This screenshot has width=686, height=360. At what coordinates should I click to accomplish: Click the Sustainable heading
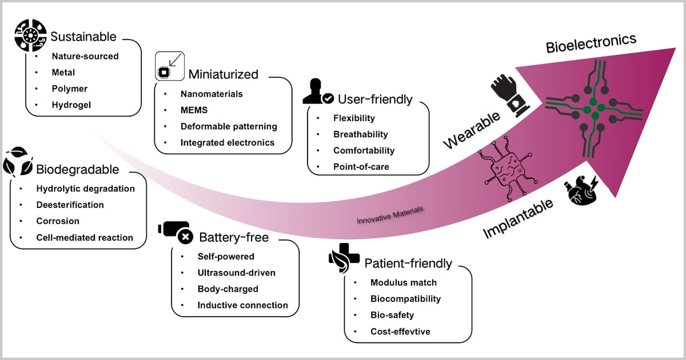pyautogui.click(x=83, y=37)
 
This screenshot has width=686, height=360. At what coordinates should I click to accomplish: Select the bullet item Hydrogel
pyautogui.click(x=71, y=105)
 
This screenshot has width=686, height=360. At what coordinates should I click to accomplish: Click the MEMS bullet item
pyautogui.click(x=194, y=110)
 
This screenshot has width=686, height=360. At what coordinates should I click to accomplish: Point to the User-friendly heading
pyautogui.click(x=375, y=99)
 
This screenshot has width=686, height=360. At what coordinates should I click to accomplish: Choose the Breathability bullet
pyautogui.click(x=360, y=134)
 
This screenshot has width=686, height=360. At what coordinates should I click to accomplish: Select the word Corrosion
pyautogui.click(x=57, y=221)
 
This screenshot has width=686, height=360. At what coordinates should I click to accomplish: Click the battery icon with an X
pyautogui.click(x=176, y=231)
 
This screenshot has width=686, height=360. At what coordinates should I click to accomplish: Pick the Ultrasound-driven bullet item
pyautogui.click(x=236, y=273)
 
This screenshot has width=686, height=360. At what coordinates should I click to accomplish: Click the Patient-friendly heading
pyautogui.click(x=408, y=263)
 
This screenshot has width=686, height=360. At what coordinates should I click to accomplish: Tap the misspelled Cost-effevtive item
pyautogui.click(x=400, y=331)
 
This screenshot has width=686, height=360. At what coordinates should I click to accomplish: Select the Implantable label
pyautogui.click(x=518, y=219)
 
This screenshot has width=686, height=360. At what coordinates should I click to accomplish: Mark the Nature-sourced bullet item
pyautogui.click(x=85, y=56)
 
